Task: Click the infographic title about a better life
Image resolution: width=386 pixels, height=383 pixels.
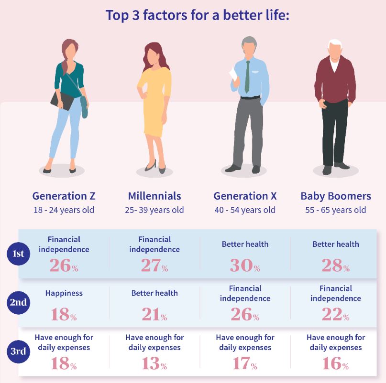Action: click(198, 15)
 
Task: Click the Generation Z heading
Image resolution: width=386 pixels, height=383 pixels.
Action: click(64, 196)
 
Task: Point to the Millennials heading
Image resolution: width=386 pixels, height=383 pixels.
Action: click(154, 196)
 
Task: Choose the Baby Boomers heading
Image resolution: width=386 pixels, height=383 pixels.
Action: click(335, 196)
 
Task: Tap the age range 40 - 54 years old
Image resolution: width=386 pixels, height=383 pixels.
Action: click(245, 210)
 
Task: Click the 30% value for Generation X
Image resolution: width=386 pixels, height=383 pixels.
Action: click(244, 266)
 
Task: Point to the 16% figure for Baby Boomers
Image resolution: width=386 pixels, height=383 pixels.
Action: click(335, 364)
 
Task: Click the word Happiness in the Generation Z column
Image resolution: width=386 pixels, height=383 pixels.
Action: click(64, 293)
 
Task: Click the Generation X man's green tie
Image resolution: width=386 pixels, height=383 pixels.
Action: click(247, 77)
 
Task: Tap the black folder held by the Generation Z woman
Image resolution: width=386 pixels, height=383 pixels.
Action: click(62, 100)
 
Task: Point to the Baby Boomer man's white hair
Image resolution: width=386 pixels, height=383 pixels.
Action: click(336, 44)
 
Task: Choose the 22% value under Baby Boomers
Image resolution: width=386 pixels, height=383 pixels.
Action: click(335, 314)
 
